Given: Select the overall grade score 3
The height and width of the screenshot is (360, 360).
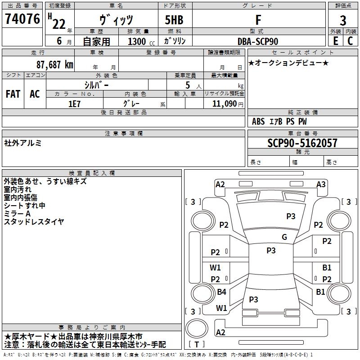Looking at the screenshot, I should click(343, 20).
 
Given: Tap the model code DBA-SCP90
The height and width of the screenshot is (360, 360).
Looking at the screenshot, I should click(258, 41).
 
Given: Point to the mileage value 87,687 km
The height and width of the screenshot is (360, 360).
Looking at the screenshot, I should click(55, 64).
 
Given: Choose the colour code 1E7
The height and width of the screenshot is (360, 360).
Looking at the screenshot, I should click(74, 103).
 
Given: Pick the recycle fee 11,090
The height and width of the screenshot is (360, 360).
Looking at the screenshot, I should click(224, 103).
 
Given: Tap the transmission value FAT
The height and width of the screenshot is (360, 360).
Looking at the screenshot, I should click(13, 94).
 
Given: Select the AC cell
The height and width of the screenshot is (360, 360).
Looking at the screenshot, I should click(35, 94).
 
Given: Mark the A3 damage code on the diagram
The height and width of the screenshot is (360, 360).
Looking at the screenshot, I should click(321, 184).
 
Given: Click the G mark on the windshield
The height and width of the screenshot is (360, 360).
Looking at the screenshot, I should click(284, 237).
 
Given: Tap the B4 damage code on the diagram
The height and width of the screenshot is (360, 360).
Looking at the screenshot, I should click(221, 292).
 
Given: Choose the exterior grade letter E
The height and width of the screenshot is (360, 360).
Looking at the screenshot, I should click(336, 40).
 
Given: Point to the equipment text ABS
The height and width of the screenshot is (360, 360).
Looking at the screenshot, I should click(258, 121).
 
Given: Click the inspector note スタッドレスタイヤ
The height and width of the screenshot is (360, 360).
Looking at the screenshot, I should click(34, 221).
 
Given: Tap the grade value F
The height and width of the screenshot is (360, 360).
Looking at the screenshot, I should click(258, 20).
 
